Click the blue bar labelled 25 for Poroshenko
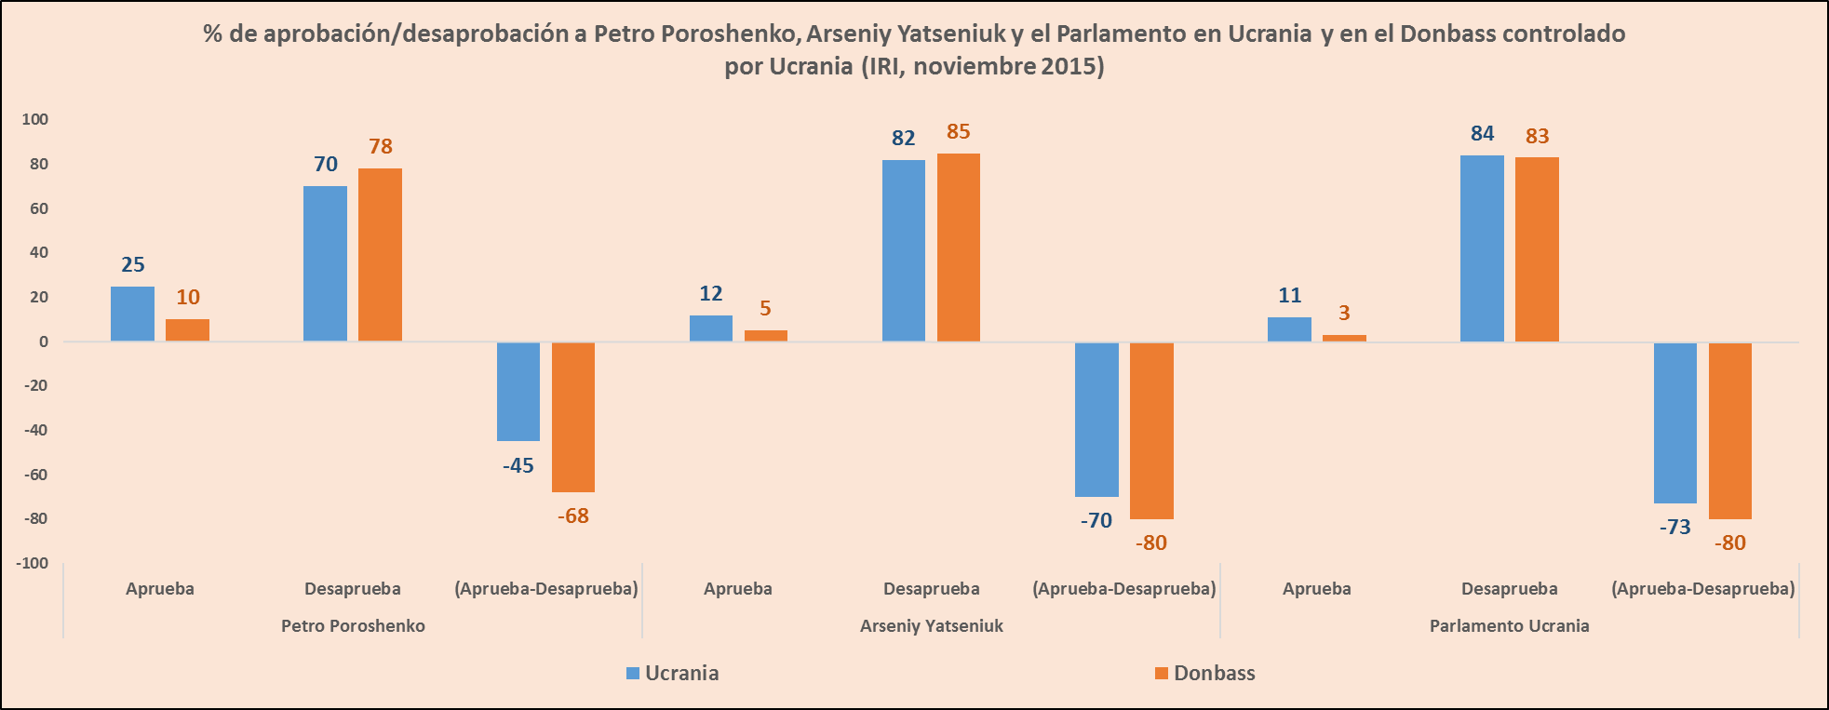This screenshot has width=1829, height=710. pyautogui.click(x=132, y=314)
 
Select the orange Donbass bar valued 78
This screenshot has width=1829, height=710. pyautogui.click(x=380, y=254)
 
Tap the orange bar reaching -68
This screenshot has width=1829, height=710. pyautogui.click(x=573, y=417)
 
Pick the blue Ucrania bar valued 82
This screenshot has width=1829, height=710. pyautogui.click(x=904, y=250)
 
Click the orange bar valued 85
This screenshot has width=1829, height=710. pyautogui.click(x=959, y=248)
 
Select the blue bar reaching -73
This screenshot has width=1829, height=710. pyautogui.click(x=1674, y=422)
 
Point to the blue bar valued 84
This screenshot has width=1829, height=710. pyautogui.click(x=1482, y=248)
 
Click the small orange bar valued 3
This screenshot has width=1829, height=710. pyautogui.click(x=1344, y=338)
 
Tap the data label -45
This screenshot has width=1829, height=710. pyautogui.click(x=518, y=465)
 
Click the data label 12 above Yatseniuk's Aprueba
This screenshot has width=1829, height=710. pyautogui.click(x=711, y=294)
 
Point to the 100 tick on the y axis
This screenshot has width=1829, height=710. pyautogui.click(x=35, y=119)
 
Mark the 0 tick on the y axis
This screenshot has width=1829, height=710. pyautogui.click(x=44, y=342)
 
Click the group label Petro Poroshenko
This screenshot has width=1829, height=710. pyautogui.click(x=353, y=626)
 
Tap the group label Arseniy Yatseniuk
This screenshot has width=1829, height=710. pyautogui.click(x=932, y=626)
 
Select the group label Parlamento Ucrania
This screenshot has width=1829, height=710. pyautogui.click(x=1509, y=626)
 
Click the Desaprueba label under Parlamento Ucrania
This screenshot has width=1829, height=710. pyautogui.click(x=1509, y=589)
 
